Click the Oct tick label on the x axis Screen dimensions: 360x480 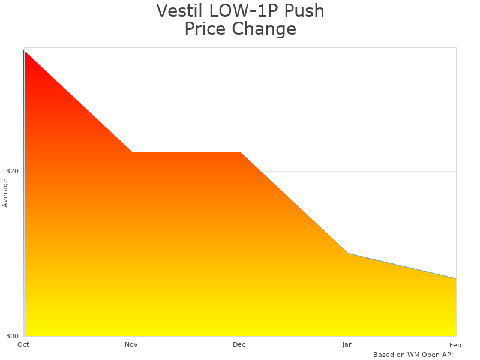coord(23,344)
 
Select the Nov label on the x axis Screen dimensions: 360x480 coord(131,344)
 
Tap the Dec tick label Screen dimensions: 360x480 coord(239,344)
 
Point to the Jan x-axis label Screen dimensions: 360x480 coord(347,344)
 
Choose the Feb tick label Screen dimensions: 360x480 coord(455,344)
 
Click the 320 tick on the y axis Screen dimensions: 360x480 coord(12,171)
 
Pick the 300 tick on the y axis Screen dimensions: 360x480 coord(12,336)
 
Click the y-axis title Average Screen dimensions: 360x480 coord(5,193)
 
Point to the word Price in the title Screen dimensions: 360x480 coord(205,29)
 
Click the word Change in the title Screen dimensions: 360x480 coord(263,29)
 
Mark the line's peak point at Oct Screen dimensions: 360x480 coord(24,51)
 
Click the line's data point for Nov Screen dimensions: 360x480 coord(132,152)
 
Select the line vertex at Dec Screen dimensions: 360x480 coord(240,152)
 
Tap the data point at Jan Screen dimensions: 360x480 coord(348,253)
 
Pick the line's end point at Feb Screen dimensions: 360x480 coord(456,278)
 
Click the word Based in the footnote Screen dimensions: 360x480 coord(383,355)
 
